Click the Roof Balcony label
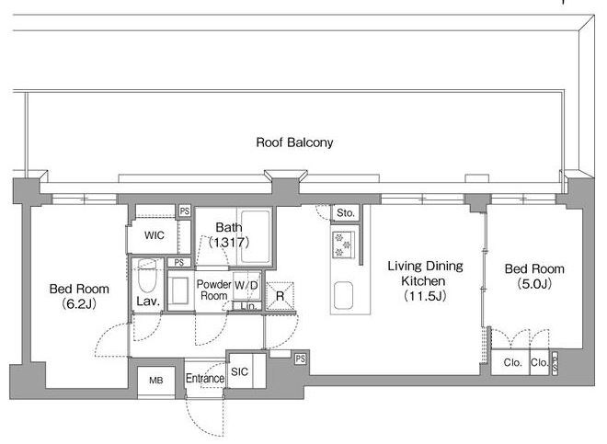294,142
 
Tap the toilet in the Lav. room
147,275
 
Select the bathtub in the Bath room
255,236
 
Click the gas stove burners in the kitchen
342,245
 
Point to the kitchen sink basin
343,295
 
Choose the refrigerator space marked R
280,296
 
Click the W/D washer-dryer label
246,285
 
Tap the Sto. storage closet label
345,212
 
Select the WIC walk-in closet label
155,235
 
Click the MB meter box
156,381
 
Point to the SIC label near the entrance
239,372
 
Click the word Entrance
205,378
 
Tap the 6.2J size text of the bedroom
79,304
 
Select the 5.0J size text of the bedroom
534,284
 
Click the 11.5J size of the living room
425,296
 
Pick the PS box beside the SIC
301,359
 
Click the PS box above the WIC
185,211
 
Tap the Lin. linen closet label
248,306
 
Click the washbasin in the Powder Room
179,290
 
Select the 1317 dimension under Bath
229,243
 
